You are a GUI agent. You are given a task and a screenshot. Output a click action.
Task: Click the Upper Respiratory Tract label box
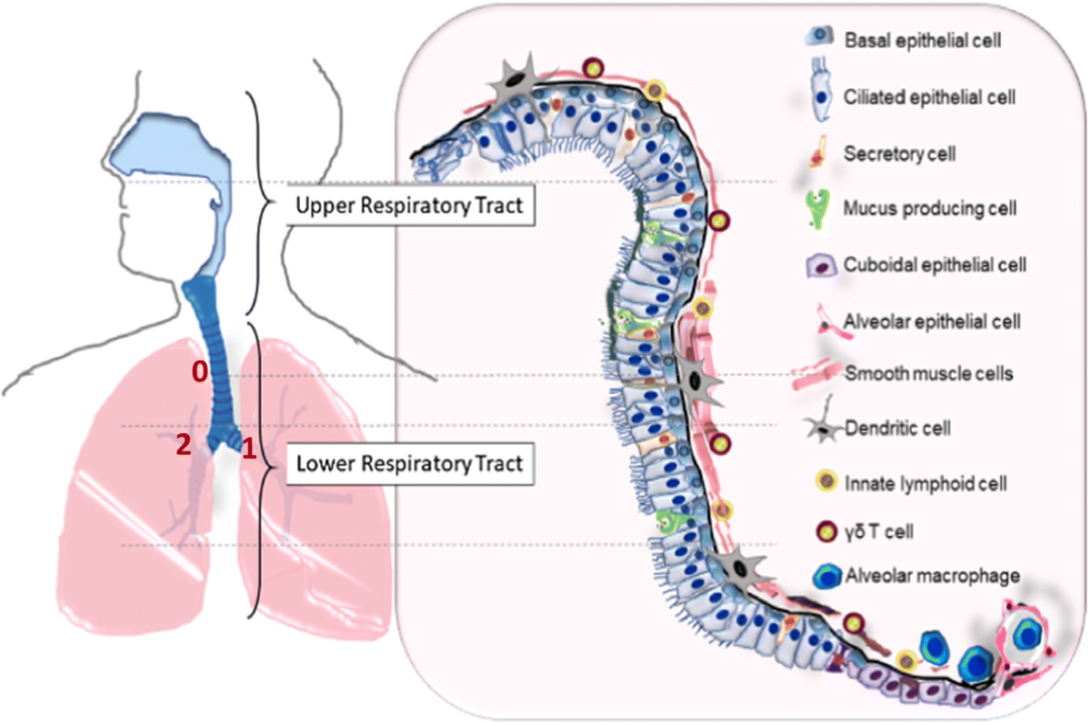pyautogui.click(x=411, y=205)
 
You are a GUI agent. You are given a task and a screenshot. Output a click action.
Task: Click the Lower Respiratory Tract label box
pyautogui.click(x=410, y=463)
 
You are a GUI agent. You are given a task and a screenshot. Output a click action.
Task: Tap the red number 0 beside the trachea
pyautogui.click(x=200, y=371)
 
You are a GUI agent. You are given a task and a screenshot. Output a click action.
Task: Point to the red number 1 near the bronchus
pyautogui.click(x=249, y=449)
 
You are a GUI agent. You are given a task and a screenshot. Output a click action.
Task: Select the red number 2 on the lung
pyautogui.click(x=184, y=444)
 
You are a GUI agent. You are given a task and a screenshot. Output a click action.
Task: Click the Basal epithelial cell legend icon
pyautogui.click(x=820, y=36)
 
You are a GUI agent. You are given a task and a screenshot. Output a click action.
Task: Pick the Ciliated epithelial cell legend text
pyautogui.click(x=929, y=97)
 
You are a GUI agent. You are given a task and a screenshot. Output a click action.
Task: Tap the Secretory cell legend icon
pyautogui.click(x=819, y=152)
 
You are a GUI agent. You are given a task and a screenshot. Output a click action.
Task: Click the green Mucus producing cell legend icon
pyautogui.click(x=818, y=209)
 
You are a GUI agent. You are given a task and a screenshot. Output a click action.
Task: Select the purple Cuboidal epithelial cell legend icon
pyautogui.click(x=821, y=265)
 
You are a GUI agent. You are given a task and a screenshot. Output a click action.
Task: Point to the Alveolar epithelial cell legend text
pyautogui.click(x=932, y=322)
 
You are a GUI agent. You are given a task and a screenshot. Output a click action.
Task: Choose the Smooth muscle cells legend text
pyautogui.click(x=929, y=373)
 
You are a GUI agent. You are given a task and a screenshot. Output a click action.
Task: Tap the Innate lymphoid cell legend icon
pyautogui.click(x=826, y=481)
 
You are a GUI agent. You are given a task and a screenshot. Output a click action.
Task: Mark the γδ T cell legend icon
pyautogui.click(x=826, y=531)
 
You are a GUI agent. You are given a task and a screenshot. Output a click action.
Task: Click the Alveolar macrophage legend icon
pyautogui.click(x=827, y=576)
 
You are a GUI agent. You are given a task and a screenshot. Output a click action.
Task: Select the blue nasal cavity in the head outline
pyautogui.click(x=168, y=146)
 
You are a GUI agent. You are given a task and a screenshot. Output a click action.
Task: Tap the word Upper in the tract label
pyautogui.click(x=325, y=206)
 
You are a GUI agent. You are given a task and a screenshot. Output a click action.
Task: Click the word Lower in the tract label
pyautogui.click(x=325, y=463)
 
